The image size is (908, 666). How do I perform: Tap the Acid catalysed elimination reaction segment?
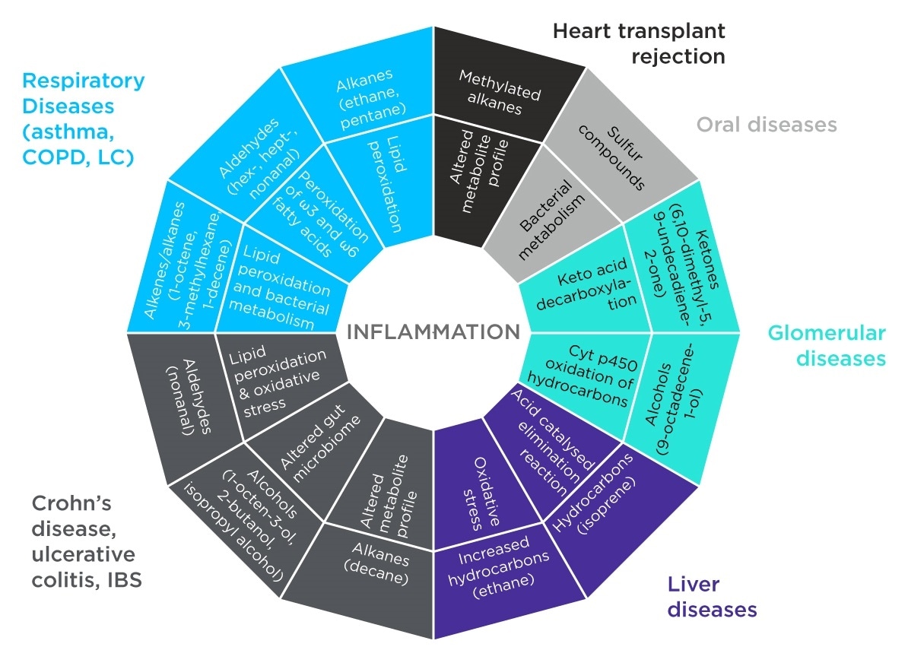click(x=549, y=449)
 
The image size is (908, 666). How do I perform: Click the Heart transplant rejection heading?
click(x=639, y=43)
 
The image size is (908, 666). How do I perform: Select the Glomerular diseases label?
click(x=827, y=345)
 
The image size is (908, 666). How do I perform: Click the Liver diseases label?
click(x=712, y=597)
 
